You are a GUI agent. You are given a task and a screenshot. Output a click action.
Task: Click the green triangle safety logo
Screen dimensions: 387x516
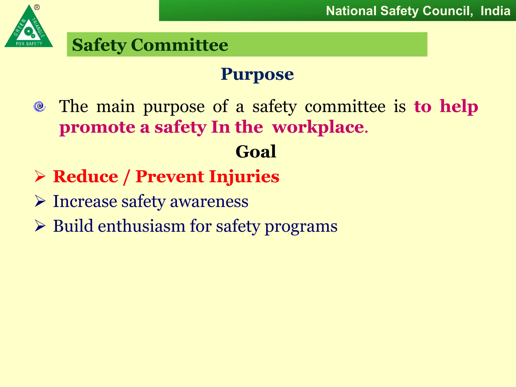(x=28, y=29)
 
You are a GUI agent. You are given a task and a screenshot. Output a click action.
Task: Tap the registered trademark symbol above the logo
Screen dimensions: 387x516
(x=37, y=8)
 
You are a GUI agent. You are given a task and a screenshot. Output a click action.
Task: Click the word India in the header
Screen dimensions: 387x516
(x=495, y=11)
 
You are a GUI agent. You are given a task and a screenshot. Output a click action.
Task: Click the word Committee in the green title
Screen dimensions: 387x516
(x=179, y=45)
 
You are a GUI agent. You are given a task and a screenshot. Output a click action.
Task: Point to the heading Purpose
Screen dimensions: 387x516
(x=257, y=74)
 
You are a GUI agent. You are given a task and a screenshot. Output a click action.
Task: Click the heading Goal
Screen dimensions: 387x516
(x=256, y=151)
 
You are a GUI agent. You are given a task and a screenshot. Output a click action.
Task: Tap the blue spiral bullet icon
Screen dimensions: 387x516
(x=40, y=106)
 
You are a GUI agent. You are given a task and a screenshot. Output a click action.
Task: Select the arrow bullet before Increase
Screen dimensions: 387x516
(x=40, y=201)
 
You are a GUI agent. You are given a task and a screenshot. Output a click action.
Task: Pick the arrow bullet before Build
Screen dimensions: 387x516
(x=40, y=226)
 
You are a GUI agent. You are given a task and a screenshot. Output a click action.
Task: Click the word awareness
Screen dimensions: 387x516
(x=209, y=202)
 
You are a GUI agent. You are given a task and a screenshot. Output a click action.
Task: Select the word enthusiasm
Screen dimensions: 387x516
(x=141, y=226)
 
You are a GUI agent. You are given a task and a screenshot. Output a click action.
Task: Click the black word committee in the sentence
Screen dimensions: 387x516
(x=345, y=106)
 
